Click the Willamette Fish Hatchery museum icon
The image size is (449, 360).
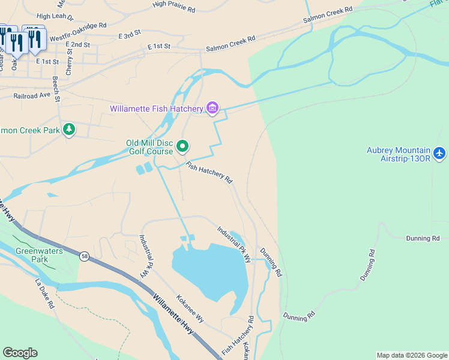click(x=212, y=108)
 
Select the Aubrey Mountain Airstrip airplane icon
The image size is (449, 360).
click(x=439, y=154)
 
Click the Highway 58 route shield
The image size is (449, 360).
click(x=84, y=257)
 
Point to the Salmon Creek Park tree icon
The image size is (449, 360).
click(x=69, y=130)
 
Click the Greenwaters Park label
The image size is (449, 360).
click(x=39, y=256)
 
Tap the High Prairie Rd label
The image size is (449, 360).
click(x=174, y=7)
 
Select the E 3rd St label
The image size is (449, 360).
click(x=129, y=35)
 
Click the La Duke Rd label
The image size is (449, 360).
click(x=45, y=293)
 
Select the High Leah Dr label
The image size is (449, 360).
click(x=55, y=17)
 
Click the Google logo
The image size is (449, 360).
click(x=20, y=353)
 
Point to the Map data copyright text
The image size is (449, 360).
click(x=411, y=355)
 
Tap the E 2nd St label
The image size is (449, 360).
click(x=78, y=45)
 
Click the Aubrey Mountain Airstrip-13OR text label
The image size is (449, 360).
click(x=399, y=154)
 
